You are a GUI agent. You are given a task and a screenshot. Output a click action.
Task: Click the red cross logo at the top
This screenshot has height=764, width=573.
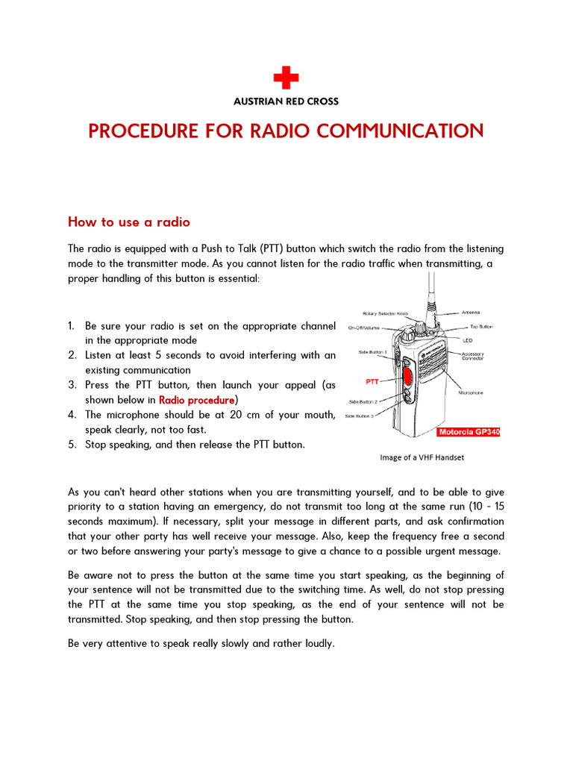[286, 77]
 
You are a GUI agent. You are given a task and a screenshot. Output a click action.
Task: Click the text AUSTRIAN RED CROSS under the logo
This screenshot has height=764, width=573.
[286, 101]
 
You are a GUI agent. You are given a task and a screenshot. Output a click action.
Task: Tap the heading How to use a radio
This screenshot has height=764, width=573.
[129, 222]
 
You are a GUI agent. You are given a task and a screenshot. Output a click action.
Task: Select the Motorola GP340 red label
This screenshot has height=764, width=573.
[468, 431]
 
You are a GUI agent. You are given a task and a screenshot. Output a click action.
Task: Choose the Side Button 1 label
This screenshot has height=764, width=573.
[373, 351]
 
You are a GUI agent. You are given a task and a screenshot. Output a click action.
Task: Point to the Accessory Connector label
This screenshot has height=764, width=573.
[473, 355]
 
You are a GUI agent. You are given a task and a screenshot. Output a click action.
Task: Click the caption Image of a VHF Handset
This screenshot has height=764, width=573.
[422, 457]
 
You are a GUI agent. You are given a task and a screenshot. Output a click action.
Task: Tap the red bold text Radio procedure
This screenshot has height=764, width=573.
[197, 400]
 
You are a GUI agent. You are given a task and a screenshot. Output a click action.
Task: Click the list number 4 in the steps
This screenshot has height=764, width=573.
[72, 415]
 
